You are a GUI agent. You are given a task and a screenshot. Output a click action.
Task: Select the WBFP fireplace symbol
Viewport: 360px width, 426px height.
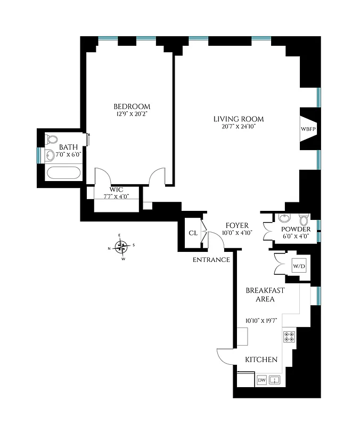[308, 129]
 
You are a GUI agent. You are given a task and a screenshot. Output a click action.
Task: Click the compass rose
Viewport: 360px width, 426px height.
[122, 247]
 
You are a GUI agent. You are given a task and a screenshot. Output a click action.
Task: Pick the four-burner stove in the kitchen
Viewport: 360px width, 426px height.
[290, 336]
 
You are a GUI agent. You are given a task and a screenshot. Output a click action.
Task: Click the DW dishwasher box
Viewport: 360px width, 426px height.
[261, 380]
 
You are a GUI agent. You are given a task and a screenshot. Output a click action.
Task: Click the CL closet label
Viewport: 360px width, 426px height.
[193, 233]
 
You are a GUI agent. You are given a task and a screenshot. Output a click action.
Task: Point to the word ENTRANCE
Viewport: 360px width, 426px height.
[211, 260]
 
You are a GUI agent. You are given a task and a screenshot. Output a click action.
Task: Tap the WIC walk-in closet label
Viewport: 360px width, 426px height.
[117, 190]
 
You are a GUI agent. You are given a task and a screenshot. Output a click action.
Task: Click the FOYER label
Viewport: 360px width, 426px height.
[237, 225]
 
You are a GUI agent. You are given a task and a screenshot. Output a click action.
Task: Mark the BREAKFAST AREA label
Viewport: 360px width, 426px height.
[265, 294]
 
